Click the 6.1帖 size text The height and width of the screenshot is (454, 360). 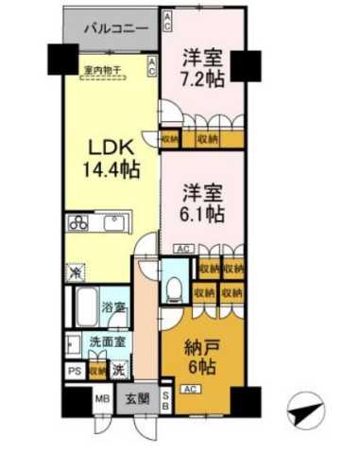point(201,214)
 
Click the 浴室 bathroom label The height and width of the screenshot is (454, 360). point(117,307)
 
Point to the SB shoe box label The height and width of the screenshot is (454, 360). point(166,397)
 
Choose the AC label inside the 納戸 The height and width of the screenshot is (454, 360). point(189,389)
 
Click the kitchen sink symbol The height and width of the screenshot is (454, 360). point(116,226)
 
